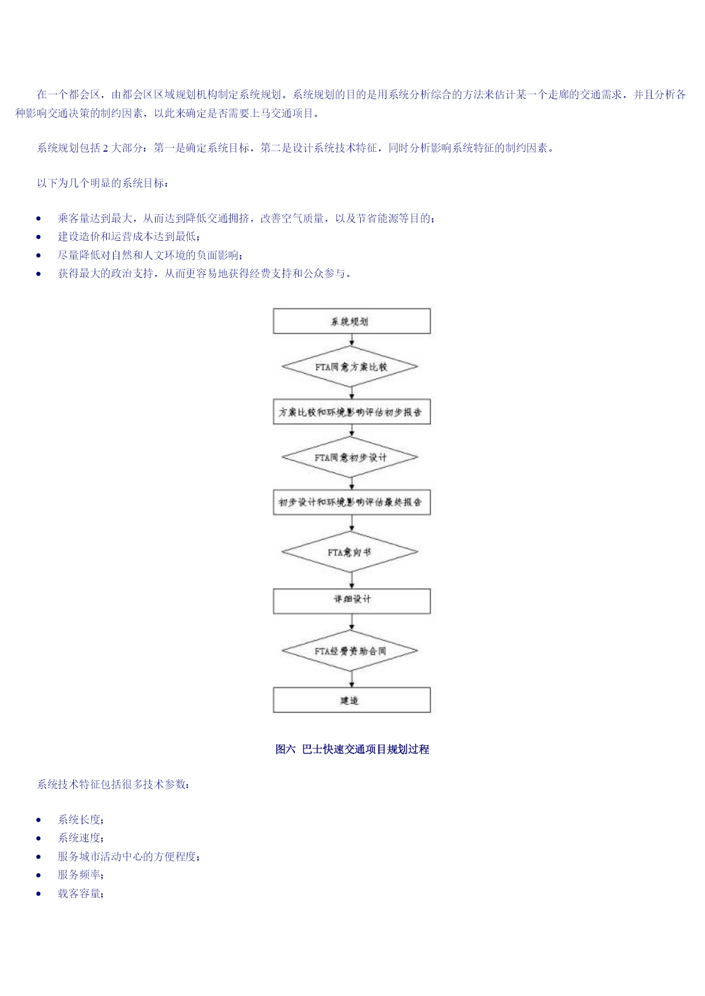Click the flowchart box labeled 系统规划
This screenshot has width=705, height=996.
tap(352, 321)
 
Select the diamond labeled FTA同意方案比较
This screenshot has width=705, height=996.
tap(351, 367)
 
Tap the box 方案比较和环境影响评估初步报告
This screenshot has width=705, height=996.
tap(352, 412)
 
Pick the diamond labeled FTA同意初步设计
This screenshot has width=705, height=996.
tap(351, 457)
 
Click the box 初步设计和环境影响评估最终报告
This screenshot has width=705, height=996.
tap(352, 503)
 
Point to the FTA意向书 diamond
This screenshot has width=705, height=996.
tap(351, 552)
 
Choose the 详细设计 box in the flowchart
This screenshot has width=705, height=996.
tap(352, 601)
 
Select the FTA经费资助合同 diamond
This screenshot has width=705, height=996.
tap(351, 651)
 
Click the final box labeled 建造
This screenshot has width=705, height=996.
tap(352, 700)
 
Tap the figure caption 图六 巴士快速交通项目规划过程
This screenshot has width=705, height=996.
tap(352, 750)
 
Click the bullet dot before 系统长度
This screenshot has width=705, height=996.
tap(39, 820)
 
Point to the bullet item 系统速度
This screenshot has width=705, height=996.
tap(81, 838)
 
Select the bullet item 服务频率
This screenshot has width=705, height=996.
tap(81, 875)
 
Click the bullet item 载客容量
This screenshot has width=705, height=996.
tap(81, 894)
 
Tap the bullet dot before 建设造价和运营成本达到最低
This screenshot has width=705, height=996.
tap(39, 237)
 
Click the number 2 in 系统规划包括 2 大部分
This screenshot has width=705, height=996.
tap(106, 148)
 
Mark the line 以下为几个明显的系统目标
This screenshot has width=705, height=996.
tap(102, 183)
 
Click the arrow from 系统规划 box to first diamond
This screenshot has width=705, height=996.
tap(352, 340)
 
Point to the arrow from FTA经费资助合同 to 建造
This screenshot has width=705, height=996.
tap(352, 679)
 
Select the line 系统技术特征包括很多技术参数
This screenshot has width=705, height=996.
tap(113, 785)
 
